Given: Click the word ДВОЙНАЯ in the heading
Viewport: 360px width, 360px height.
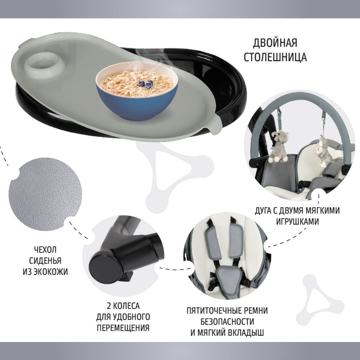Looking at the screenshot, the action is pyautogui.click(x=275, y=43).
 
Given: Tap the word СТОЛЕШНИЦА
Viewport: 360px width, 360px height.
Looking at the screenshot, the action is pyautogui.click(x=275, y=57).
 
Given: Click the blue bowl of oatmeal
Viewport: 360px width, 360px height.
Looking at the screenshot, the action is pyautogui.click(x=137, y=91).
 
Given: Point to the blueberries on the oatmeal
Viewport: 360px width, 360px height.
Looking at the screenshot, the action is pyautogui.click(x=146, y=84).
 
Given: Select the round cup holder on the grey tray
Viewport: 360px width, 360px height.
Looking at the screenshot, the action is pyautogui.click(x=45, y=63).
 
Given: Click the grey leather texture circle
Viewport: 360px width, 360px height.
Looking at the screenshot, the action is pyautogui.click(x=45, y=194).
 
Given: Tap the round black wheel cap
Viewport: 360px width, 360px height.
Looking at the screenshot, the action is pyautogui.click(x=106, y=267).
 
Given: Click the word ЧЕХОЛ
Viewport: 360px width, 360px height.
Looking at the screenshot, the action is pyautogui.click(x=45, y=249).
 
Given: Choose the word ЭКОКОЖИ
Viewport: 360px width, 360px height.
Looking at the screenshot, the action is pyautogui.click(x=51, y=272).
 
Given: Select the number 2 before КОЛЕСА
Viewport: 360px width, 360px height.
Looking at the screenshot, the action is pyautogui.click(x=109, y=306).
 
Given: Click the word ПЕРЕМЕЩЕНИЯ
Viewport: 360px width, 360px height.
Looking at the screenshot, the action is pyautogui.click(x=123, y=328).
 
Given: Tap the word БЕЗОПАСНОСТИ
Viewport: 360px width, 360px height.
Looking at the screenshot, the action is pyautogui.click(x=227, y=321).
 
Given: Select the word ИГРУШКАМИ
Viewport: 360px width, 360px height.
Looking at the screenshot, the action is pyautogui.click(x=297, y=222).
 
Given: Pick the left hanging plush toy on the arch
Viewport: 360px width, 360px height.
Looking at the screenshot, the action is pyautogui.click(x=279, y=147).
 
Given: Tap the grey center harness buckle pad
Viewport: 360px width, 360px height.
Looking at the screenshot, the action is pyautogui.click(x=229, y=281).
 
